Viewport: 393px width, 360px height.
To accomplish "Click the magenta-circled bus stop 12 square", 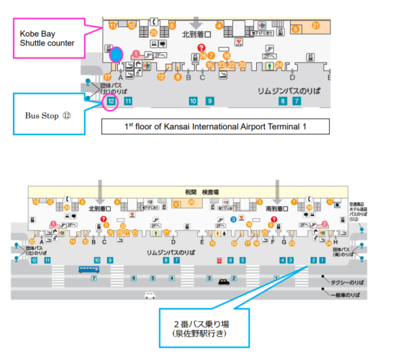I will (x=111, y=101).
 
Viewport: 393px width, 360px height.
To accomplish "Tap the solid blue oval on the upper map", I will (x=115, y=55).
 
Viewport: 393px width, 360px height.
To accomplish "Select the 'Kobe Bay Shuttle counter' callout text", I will (x=47, y=37).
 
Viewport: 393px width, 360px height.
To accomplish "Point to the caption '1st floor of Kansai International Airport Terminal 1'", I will (x=216, y=127).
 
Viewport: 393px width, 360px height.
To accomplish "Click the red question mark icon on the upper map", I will (x=201, y=48).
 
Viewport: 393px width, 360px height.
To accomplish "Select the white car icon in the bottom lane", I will (x=149, y=295).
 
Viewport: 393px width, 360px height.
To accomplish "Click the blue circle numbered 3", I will (x=233, y=219).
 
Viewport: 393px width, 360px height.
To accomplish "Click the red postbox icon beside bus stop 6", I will (x=219, y=260).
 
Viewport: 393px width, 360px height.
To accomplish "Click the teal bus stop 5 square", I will (x=243, y=260).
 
